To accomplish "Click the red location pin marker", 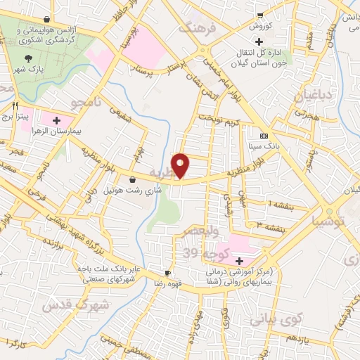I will (181, 166).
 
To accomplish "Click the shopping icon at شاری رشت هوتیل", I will (131, 179).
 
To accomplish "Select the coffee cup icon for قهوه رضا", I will (167, 273).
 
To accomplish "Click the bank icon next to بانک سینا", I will (264, 136).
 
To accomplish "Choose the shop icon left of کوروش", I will (260, 15).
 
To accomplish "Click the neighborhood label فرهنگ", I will (195, 27).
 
